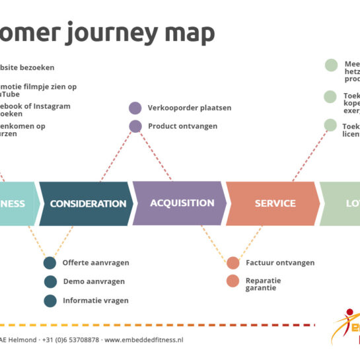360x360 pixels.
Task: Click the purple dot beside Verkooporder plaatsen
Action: tap(135, 108)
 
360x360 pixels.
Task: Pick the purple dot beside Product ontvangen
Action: tap(135, 126)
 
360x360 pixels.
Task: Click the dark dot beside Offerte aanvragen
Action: tap(50, 263)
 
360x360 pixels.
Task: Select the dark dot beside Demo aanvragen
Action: tap(50, 281)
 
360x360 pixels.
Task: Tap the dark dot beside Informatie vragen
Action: tap(50, 301)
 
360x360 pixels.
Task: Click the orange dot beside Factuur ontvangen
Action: tap(233, 263)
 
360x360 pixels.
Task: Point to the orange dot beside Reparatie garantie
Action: tap(233, 281)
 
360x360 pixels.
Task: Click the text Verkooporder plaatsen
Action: tap(190, 108)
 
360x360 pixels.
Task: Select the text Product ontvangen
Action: tap(182, 126)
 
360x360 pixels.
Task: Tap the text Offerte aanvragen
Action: tap(96, 263)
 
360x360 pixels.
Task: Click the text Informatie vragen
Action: tap(96, 301)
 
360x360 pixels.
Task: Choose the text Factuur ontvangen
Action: tap(280, 263)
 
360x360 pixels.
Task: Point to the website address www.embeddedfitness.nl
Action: tap(143, 340)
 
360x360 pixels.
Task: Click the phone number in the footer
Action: tap(71, 340)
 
